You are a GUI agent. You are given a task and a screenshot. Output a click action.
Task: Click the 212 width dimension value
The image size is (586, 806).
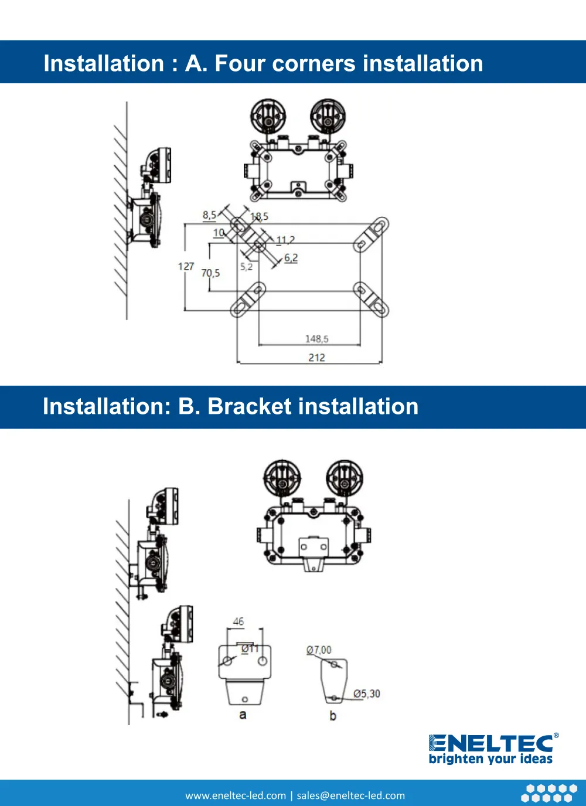(316, 358)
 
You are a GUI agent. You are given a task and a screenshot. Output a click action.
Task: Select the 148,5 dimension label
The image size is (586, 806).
(316, 339)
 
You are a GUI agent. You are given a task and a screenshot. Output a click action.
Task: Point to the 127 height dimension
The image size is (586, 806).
(186, 266)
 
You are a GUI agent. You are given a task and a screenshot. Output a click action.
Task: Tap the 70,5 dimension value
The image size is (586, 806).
(210, 273)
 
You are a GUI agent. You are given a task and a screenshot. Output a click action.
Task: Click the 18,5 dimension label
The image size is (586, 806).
(260, 216)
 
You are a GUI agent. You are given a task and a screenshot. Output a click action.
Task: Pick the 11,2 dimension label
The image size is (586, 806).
(285, 240)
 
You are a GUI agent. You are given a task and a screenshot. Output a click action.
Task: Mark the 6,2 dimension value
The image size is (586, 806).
(291, 258)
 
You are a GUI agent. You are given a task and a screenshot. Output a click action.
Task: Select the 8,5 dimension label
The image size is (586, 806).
(209, 215)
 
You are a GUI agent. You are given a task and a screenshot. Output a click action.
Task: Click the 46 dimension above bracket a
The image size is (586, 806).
(238, 621)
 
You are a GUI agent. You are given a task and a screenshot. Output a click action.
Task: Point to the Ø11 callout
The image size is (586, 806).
(250, 648)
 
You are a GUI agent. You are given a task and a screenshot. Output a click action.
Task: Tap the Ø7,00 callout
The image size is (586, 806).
(319, 650)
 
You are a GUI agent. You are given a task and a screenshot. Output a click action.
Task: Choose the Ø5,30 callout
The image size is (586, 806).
(367, 693)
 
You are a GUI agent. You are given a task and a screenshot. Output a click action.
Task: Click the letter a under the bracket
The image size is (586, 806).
(243, 715)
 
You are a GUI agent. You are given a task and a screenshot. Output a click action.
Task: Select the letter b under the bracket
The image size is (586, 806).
(333, 716)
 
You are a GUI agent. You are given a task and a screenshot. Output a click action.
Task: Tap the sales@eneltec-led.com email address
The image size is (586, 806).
(350, 795)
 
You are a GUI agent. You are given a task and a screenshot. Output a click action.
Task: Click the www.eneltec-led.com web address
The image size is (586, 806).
(236, 795)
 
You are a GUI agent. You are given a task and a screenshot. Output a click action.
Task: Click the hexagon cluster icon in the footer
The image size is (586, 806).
(549, 793)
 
